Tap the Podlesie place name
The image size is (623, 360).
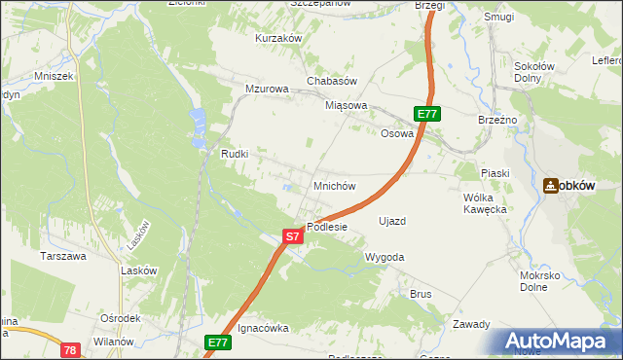(328, 227)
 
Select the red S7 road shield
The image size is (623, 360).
(293, 235)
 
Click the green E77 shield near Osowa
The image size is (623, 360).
(428, 114)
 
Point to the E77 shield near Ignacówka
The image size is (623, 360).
(218, 342)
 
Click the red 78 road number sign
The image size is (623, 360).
(69, 349)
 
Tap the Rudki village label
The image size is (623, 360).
(236, 154)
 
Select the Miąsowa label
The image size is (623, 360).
(347, 105)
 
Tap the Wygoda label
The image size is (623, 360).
(384, 257)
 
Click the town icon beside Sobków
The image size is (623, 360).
(551, 185)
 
